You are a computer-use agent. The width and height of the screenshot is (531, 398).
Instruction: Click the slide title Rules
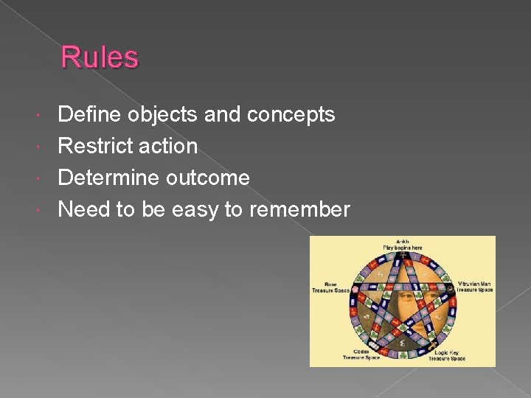[x=99, y=57]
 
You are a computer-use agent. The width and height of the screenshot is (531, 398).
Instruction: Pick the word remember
[x=299, y=210]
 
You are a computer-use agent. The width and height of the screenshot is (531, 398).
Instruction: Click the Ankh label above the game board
[x=402, y=244]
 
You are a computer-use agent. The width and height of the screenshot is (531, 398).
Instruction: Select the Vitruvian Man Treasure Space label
[x=475, y=287]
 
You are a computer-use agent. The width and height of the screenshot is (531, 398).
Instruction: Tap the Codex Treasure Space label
[x=362, y=355]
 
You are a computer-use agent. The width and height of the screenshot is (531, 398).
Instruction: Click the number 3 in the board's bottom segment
[x=403, y=342]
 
